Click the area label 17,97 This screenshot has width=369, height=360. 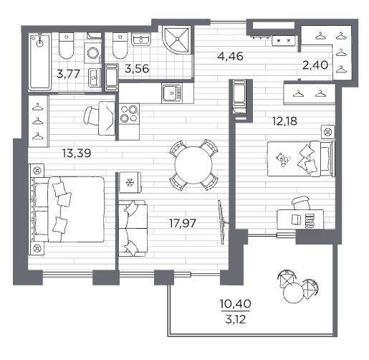(x=183, y=223)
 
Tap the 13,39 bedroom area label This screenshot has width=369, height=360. (x=77, y=153)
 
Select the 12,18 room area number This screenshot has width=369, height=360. (x=285, y=121)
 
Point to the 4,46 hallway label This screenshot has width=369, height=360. (x=230, y=57)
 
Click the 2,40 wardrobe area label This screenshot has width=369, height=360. (x=315, y=65)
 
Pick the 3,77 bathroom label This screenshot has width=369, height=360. (x=68, y=74)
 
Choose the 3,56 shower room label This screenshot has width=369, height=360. (x=137, y=69)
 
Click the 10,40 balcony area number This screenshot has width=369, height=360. (x=236, y=304)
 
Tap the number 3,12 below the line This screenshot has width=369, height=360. (x=236, y=319)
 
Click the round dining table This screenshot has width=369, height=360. (x=193, y=165)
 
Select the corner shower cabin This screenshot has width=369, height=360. (x=177, y=39)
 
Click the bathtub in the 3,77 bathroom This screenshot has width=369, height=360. (x=40, y=62)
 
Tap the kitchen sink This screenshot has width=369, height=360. (x=171, y=93)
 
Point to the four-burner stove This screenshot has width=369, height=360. (x=129, y=114)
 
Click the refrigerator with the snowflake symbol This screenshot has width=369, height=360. (x=130, y=182)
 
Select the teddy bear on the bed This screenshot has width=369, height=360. (x=283, y=159)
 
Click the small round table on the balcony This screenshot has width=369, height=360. (x=292, y=294)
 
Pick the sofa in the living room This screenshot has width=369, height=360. (x=133, y=229)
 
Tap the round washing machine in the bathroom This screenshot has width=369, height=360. (x=92, y=53)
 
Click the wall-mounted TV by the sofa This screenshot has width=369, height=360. (x=222, y=222)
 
